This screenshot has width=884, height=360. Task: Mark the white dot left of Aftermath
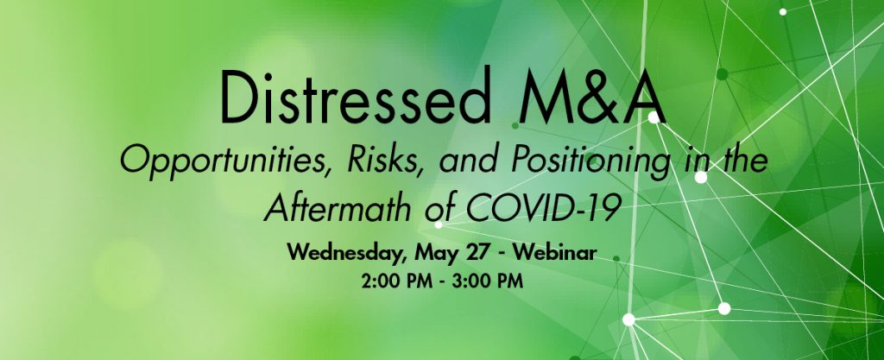439,224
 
